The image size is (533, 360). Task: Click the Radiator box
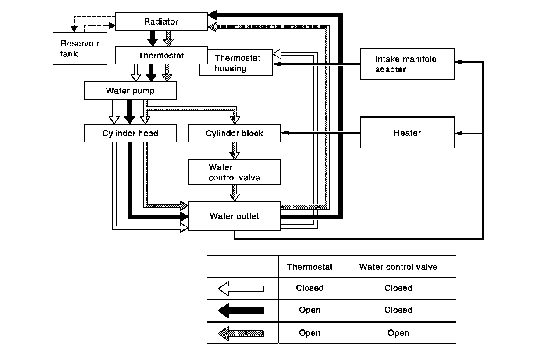(161, 21)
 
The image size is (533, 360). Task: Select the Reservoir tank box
(80, 48)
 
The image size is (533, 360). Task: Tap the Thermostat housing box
(237, 64)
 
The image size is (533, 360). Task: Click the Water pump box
(130, 91)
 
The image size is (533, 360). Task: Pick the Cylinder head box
(130, 133)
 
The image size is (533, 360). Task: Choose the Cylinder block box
(234, 133)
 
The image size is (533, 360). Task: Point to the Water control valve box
(234, 172)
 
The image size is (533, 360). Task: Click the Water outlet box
(234, 216)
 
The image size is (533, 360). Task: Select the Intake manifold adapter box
(407, 64)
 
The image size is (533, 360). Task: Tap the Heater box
(407, 133)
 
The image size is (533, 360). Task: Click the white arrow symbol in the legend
(241, 288)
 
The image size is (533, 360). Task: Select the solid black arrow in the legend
(241, 311)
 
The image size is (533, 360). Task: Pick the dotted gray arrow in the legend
(241, 333)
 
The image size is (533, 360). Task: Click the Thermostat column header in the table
(309, 267)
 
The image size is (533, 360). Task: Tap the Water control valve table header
(398, 267)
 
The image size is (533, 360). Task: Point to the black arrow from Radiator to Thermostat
(152, 39)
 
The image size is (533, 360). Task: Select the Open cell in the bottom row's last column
(398, 333)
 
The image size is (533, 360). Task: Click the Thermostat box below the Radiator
(161, 56)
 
